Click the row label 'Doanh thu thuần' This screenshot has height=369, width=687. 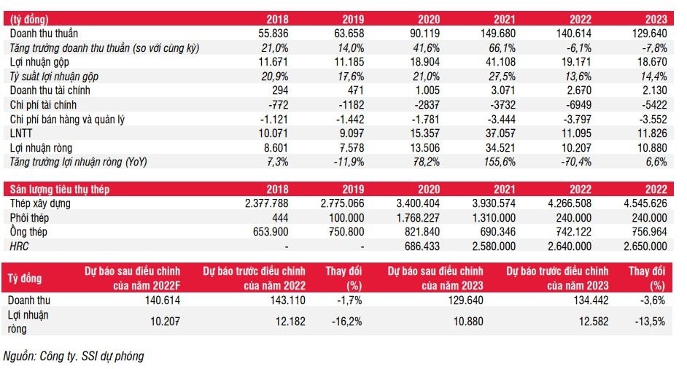(44, 34)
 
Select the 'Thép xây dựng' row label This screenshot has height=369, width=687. (40, 203)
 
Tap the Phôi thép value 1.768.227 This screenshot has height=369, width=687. (414, 218)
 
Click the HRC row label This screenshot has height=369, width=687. (20, 246)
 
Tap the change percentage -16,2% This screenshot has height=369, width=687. (346, 322)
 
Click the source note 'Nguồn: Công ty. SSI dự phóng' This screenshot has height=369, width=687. (74, 356)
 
